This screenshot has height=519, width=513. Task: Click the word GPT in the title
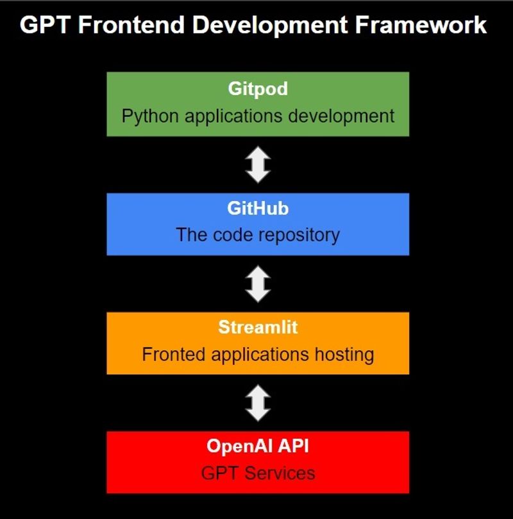(45, 25)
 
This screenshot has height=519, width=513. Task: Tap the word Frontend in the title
(131, 25)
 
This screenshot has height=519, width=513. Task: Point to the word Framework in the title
(421, 25)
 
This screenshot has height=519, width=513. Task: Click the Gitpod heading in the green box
(258, 89)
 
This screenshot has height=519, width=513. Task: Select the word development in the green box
(341, 116)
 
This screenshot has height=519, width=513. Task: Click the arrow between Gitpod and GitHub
(258, 164)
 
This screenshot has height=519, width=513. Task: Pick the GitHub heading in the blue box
(258, 208)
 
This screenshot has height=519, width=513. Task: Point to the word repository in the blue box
(299, 235)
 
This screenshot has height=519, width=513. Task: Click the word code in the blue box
(233, 234)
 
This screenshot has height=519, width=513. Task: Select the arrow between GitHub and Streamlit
(258, 284)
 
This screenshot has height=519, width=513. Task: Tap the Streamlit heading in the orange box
(258, 327)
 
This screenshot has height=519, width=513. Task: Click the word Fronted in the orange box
(174, 354)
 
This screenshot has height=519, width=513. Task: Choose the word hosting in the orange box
(344, 355)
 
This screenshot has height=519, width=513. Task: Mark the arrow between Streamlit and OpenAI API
(258, 403)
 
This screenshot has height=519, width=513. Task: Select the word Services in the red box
(280, 473)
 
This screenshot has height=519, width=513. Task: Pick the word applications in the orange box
(260, 355)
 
